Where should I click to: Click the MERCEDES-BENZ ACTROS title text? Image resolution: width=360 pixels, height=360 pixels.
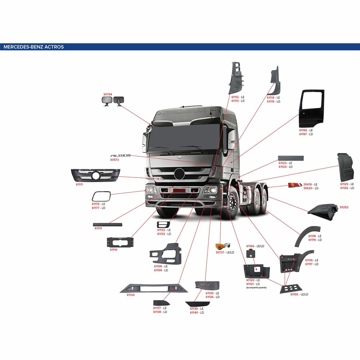(x=33, y=47)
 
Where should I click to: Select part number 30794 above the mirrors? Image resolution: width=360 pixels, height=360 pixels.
(x=108, y=94)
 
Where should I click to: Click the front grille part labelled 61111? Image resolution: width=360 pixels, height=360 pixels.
(x=95, y=175)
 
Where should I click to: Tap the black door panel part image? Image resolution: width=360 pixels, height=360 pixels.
(x=311, y=108)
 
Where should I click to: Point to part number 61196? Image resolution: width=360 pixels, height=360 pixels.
(x=303, y=130)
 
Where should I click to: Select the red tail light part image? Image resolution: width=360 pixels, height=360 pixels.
(x=295, y=185)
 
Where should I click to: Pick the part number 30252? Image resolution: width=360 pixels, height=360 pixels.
(x=344, y=207)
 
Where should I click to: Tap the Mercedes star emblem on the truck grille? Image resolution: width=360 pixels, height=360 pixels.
(x=179, y=174)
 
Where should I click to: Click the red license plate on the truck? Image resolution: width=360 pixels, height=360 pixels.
(x=179, y=190)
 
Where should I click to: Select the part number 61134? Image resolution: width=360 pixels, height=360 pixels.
(x=131, y=295)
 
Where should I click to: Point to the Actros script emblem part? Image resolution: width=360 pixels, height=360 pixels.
(x=121, y=156)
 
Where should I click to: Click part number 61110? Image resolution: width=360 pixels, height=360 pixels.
(x=113, y=249)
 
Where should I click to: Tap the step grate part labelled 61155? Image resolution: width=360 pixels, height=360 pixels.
(x=291, y=288)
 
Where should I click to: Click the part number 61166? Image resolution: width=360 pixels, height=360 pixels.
(x=250, y=246)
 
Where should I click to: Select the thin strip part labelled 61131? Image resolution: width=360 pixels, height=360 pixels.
(x=107, y=225)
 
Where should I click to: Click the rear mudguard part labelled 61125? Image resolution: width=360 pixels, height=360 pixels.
(x=346, y=167)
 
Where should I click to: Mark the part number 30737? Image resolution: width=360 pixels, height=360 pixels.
(x=220, y=252)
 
